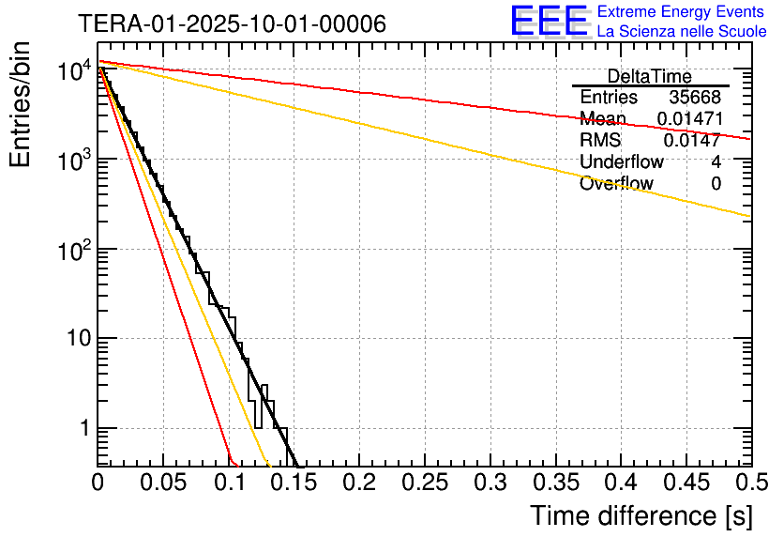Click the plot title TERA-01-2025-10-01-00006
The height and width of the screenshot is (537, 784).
[232, 24]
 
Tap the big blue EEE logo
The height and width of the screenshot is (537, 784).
[550, 21]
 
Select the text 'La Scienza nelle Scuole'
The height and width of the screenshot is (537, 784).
[682, 31]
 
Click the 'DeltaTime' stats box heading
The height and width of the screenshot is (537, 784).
[649, 76]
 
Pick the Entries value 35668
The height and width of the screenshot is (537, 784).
[695, 98]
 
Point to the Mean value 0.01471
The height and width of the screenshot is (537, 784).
[688, 119]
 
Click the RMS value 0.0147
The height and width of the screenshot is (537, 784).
[692, 141]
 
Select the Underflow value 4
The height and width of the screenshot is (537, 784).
[716, 162]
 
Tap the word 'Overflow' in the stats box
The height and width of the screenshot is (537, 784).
[616, 184]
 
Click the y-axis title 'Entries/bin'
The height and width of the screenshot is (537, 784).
[21, 106]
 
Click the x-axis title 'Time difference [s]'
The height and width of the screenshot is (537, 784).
[641, 515]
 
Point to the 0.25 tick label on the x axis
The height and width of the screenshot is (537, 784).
[424, 483]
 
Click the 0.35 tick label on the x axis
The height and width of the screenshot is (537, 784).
[554, 483]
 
